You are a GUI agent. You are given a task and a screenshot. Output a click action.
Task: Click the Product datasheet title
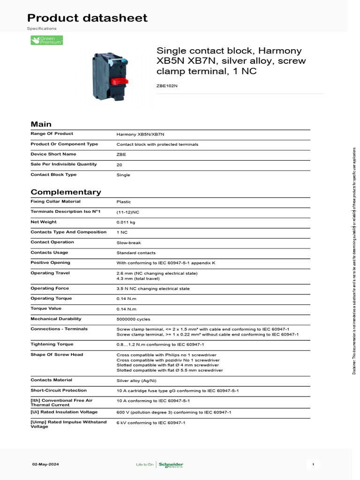(87, 18)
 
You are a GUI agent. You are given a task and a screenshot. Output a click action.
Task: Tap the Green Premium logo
(46, 40)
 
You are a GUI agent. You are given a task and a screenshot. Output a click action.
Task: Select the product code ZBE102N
(167, 86)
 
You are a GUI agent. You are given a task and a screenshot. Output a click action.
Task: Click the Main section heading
(41, 124)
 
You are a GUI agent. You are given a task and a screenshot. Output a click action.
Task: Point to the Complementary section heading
(66, 192)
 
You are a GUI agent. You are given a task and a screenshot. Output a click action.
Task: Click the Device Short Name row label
(53, 154)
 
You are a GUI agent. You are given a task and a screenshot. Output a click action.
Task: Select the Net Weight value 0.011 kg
(126, 222)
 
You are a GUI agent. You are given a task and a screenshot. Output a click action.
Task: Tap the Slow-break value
(128, 243)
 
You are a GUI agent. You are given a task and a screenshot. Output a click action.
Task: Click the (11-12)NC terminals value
(127, 212)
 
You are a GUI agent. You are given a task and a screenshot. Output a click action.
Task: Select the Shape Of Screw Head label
(56, 355)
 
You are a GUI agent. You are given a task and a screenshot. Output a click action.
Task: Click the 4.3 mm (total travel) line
(138, 278)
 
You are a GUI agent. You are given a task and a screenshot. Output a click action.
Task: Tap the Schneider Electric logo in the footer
(171, 465)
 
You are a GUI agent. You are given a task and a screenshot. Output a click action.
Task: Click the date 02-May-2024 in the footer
(45, 465)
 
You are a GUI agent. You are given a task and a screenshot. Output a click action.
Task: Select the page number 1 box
(313, 465)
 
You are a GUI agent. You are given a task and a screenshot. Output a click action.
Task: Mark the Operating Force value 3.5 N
(153, 289)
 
